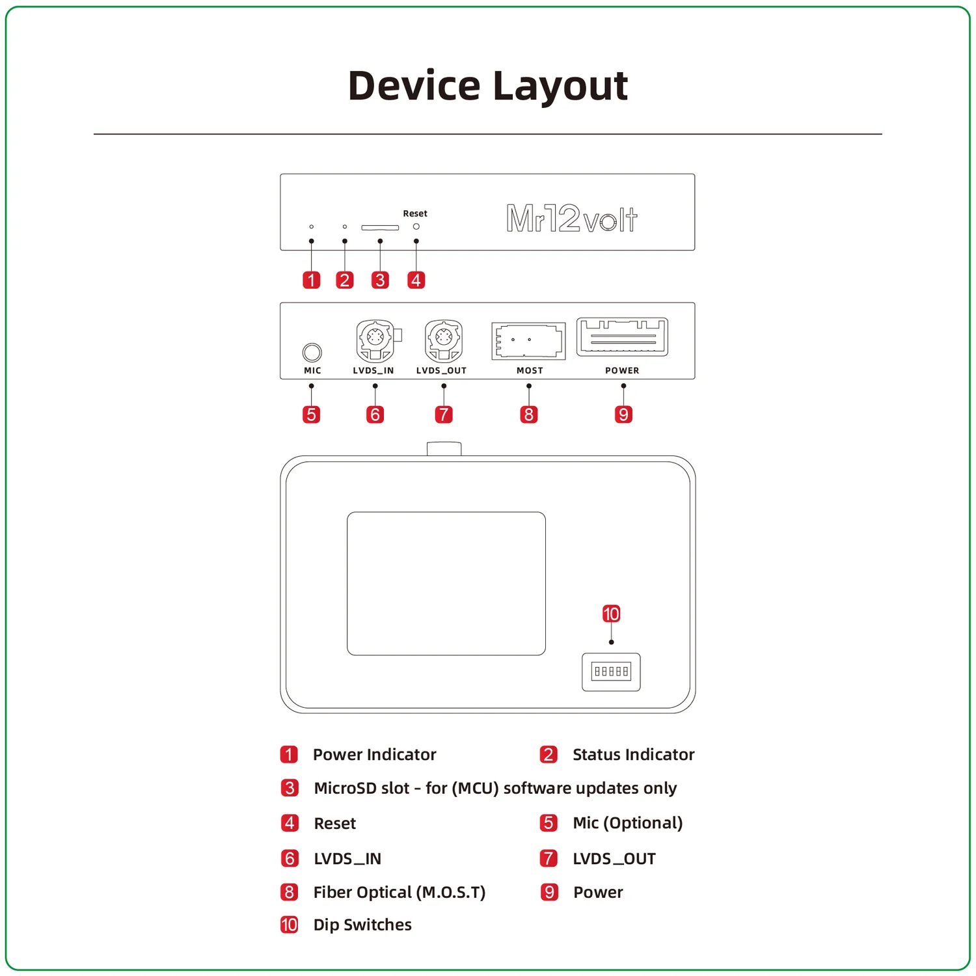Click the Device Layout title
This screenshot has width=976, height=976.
coord(488,86)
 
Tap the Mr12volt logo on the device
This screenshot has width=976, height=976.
coord(572,219)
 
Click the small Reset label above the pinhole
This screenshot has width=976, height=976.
coord(415,213)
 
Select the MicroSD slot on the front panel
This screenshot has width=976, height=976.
coord(380,228)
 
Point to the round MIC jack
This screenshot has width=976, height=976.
coord(312,352)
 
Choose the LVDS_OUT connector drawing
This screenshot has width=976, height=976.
coord(444,341)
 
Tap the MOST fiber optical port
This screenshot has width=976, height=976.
coord(528,340)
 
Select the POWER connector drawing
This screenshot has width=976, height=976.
coord(622,337)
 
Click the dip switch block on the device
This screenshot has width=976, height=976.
coord(611,671)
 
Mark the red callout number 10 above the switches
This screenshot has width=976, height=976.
coord(611,614)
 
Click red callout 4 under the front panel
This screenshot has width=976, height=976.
coord(416,280)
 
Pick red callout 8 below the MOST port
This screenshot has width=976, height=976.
coord(529,414)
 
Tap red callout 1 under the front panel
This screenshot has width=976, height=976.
coord(312,280)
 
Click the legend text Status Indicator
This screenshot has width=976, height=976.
coord(634,755)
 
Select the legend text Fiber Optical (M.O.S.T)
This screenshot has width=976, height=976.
coord(400,892)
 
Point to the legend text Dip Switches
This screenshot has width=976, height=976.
coord(362,925)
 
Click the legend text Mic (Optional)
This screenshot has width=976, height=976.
coord(628,823)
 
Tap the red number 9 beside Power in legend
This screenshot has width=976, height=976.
coord(550,892)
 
